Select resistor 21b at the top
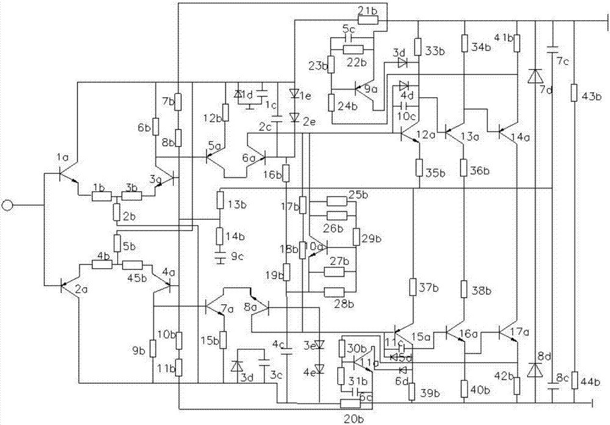(x=368, y=20)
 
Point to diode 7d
(x=535, y=76)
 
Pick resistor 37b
(x=414, y=286)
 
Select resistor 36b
(x=464, y=167)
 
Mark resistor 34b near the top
(x=464, y=43)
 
